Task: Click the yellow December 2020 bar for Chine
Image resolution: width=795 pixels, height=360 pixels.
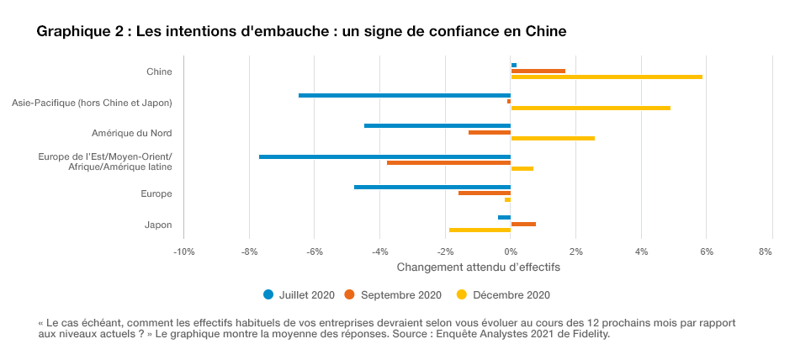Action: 606,77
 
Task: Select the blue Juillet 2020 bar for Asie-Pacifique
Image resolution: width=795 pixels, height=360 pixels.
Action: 404,96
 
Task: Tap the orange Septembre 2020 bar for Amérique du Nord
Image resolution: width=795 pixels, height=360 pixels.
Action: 489,132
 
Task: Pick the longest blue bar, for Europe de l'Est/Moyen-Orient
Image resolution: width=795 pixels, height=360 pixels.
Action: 384,156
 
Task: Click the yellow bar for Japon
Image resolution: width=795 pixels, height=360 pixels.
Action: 480,230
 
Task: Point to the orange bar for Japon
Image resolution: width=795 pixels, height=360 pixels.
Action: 523,224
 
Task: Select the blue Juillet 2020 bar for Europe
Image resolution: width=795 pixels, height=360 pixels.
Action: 432,187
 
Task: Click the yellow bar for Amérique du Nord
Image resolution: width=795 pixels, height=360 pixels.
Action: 553,138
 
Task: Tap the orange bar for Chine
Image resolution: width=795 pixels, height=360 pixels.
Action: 538,71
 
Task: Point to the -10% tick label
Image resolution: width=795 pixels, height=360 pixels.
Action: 183,251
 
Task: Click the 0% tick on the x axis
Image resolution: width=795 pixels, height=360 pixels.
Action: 511,251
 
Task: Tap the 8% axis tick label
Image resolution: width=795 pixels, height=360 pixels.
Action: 766,251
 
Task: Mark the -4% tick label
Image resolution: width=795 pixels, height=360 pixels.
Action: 379,251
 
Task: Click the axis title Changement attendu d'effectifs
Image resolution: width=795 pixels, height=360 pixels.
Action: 478,267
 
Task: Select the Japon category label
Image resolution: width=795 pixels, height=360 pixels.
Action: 158,225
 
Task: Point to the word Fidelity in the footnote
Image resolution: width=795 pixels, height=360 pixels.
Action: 587,334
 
